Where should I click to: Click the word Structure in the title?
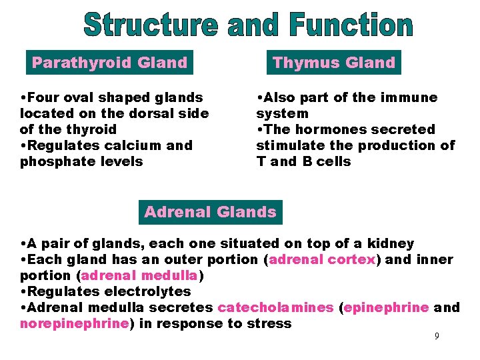tap(151, 25)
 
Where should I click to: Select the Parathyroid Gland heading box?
tap(109, 63)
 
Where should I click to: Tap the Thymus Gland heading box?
tap(334, 63)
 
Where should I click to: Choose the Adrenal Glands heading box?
tap(210, 212)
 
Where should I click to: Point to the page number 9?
tap(437, 336)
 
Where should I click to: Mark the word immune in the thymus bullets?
tap(411, 97)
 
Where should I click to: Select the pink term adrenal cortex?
tap(323, 260)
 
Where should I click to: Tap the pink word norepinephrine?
tap(74, 324)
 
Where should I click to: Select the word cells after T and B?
tap(331, 161)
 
